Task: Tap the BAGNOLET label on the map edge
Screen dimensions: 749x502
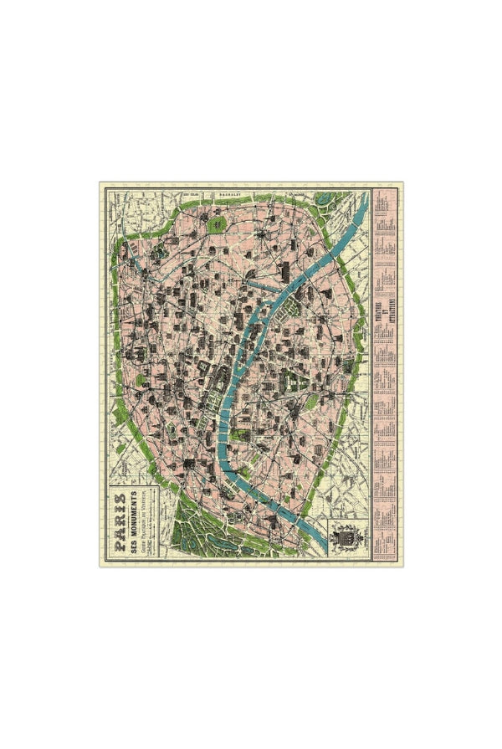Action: coord(227,192)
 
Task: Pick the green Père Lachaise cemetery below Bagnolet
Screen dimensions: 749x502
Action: coord(217,224)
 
